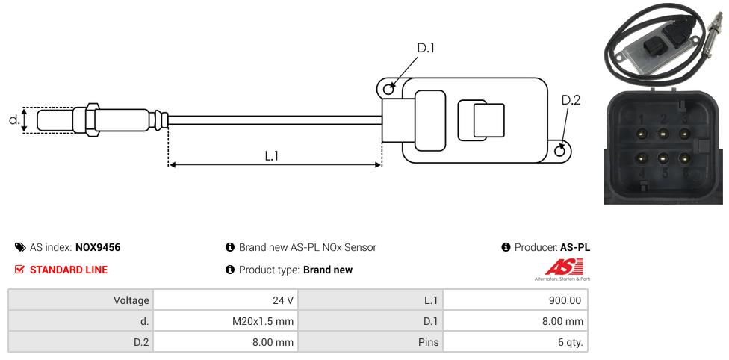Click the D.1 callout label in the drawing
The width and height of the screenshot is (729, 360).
tap(426, 49)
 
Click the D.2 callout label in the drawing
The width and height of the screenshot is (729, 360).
tap(571, 101)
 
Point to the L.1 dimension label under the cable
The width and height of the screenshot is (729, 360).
tap(272, 155)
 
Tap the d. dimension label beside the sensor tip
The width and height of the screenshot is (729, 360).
tap(13, 120)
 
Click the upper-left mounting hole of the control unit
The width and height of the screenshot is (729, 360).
tap(388, 90)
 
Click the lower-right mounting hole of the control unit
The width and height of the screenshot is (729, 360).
tap(561, 152)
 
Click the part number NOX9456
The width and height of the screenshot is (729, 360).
tap(98, 247)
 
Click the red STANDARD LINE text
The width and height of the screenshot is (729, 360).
tap(69, 270)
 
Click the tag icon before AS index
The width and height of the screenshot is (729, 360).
tap(20, 247)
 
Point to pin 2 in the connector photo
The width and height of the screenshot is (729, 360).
tap(663, 133)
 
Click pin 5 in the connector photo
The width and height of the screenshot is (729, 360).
tap(663, 158)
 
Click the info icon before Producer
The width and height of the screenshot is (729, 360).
tap(506, 247)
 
